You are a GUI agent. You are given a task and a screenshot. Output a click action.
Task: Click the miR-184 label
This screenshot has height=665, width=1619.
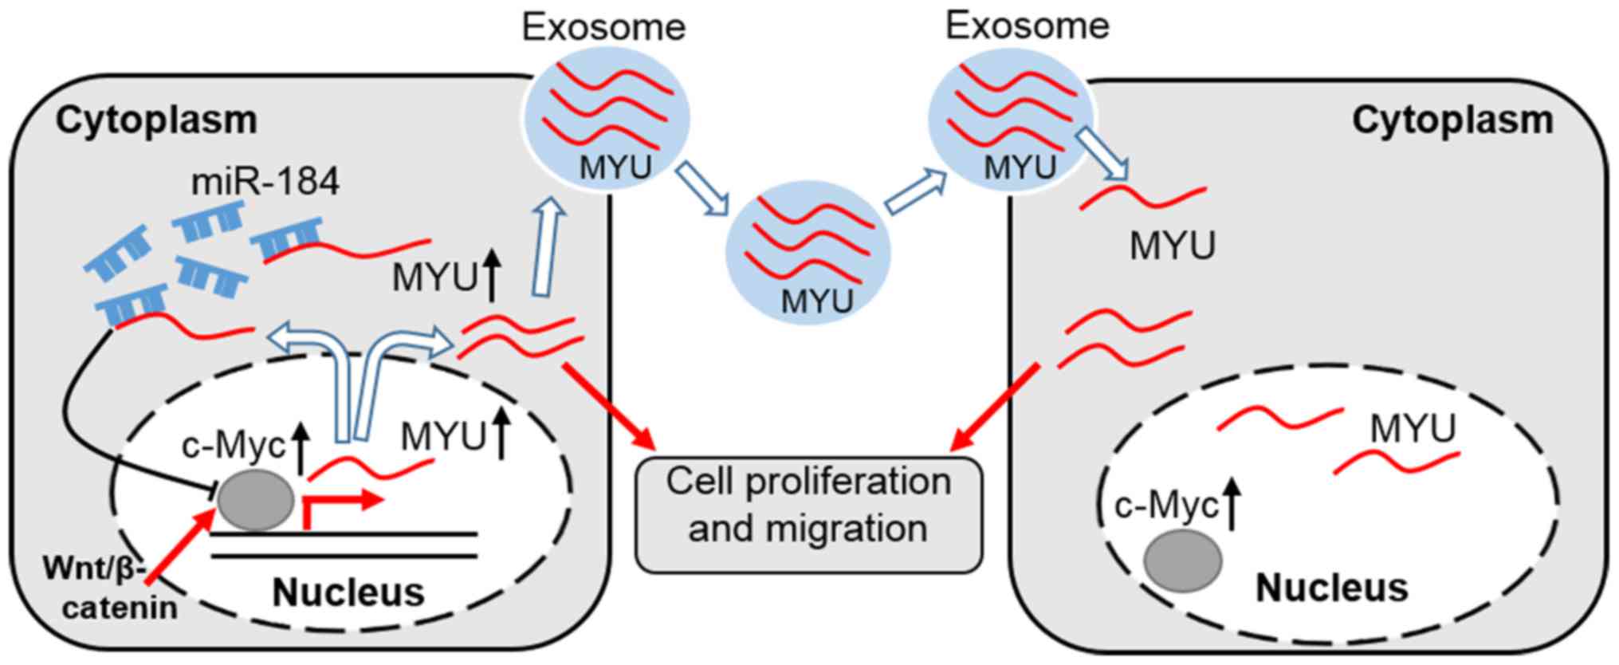tap(265, 182)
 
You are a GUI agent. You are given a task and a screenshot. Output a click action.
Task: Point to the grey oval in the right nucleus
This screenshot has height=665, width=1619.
tap(1183, 560)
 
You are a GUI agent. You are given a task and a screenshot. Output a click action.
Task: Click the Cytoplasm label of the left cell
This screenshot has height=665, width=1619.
tap(156, 120)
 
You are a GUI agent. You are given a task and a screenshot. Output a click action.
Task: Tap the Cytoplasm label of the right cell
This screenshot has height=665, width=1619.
tap(1452, 120)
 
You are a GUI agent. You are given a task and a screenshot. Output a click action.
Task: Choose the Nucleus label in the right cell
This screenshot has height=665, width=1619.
tap(1331, 588)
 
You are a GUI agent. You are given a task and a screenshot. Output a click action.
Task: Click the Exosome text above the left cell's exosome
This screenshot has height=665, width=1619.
tap(603, 27)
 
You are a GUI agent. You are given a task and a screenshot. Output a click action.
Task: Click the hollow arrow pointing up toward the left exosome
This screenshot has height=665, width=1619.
tap(547, 249)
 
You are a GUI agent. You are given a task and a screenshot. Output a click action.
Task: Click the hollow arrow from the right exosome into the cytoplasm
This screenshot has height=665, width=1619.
tap(1103, 154)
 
